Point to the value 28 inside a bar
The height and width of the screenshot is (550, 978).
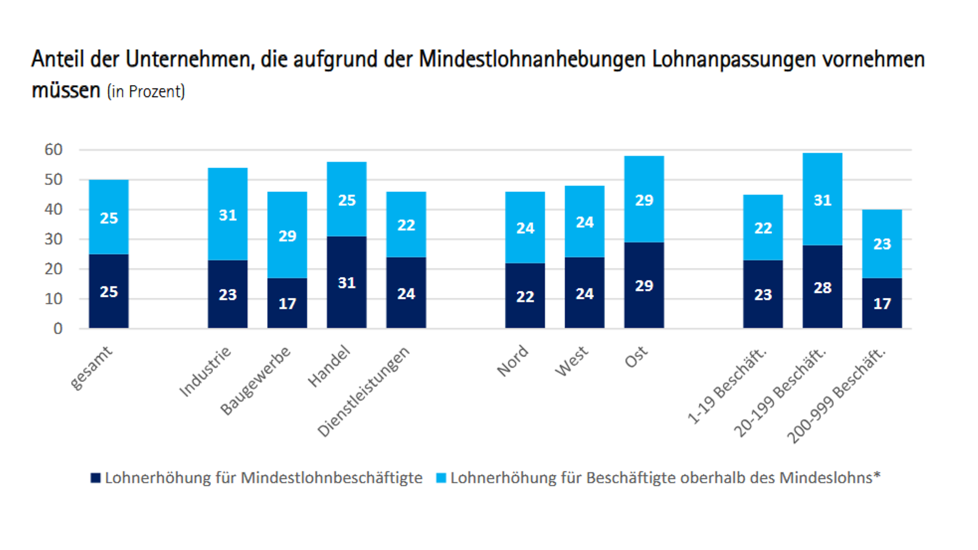point(822,288)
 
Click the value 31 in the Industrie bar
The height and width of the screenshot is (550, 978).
point(228,215)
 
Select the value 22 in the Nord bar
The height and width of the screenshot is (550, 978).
point(525,296)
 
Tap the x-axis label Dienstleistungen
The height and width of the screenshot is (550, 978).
point(364,391)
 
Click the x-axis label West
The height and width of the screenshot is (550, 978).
point(572,362)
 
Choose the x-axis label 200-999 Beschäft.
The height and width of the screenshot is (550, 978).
point(836,396)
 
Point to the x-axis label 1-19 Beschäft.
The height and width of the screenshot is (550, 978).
point(727,386)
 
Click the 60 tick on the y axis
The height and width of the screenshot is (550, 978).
point(53,150)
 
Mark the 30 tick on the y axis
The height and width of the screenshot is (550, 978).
point(53,239)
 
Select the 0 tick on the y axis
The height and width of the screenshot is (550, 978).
point(58,328)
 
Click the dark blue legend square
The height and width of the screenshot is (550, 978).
point(95,478)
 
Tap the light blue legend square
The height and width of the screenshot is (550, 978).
point(441,478)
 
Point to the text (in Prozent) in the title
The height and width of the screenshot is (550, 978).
point(146,92)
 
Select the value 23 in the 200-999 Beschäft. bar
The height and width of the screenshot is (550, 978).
point(882,244)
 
